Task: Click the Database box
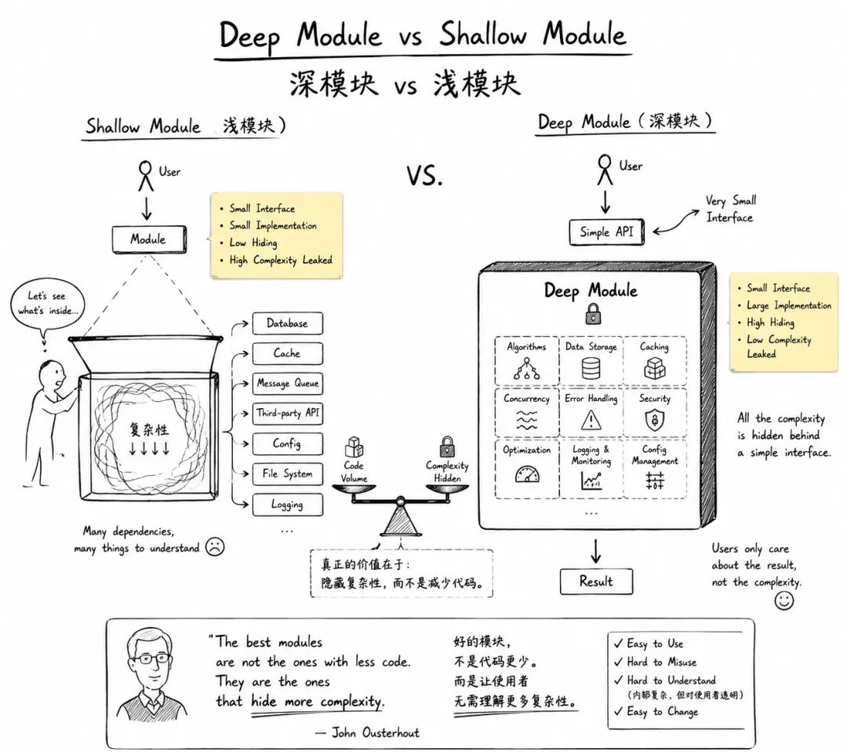[x=287, y=323]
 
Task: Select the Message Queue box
[x=287, y=383]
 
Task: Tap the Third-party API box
[x=287, y=414]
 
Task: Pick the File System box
[x=287, y=473]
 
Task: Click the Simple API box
[x=606, y=232]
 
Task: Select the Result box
[x=596, y=581]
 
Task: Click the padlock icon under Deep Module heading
[x=593, y=313]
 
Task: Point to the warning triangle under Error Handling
[x=591, y=420]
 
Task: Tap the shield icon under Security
[x=655, y=420]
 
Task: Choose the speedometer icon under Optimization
[x=527, y=474]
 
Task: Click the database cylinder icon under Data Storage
[x=591, y=369]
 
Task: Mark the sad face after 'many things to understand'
[x=215, y=546]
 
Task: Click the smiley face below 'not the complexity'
[x=783, y=600]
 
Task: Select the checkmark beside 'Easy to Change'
[x=619, y=711]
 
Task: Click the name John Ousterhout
[x=375, y=732]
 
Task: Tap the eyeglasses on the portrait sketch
[x=154, y=659]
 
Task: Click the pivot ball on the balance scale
[x=400, y=501]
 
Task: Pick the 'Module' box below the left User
[x=149, y=239]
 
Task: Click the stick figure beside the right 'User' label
[x=605, y=170]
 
